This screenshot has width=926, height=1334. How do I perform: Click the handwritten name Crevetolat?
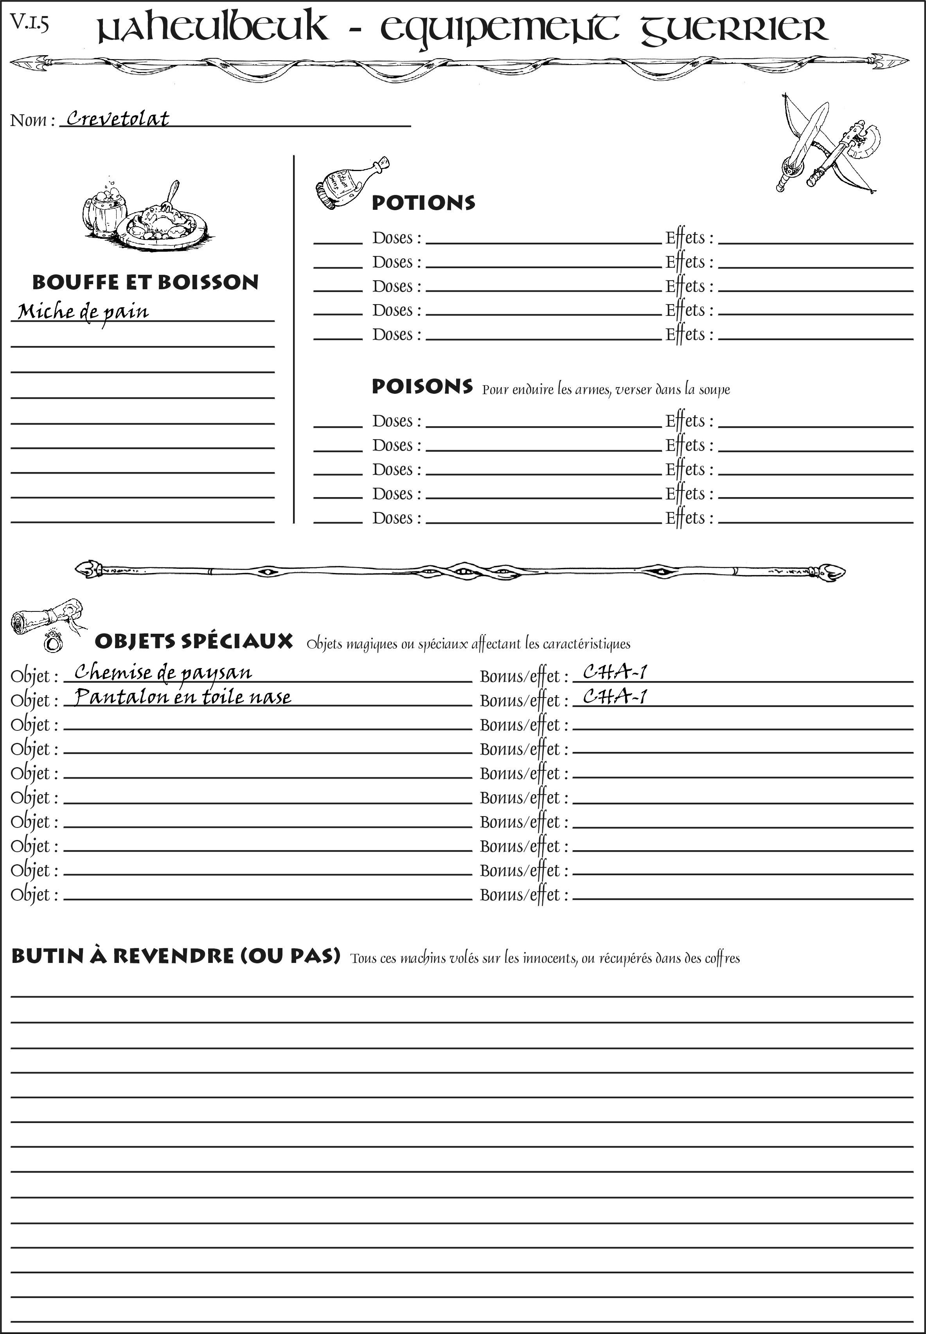pyautogui.click(x=118, y=119)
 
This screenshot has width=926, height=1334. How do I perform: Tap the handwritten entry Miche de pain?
pyautogui.click(x=83, y=312)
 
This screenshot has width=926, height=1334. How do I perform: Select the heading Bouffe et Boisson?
pyautogui.click(x=145, y=282)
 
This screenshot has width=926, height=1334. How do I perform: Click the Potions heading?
pyautogui.click(x=423, y=203)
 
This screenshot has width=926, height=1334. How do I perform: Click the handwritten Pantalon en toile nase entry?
pyautogui.click(x=183, y=697)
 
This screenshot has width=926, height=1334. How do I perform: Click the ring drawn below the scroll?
pyautogui.click(x=53, y=642)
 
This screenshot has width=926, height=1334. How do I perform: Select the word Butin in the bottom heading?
pyautogui.click(x=48, y=955)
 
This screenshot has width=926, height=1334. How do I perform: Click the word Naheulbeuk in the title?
pyautogui.click(x=212, y=29)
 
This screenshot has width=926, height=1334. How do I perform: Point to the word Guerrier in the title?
pyautogui.click(x=734, y=29)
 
